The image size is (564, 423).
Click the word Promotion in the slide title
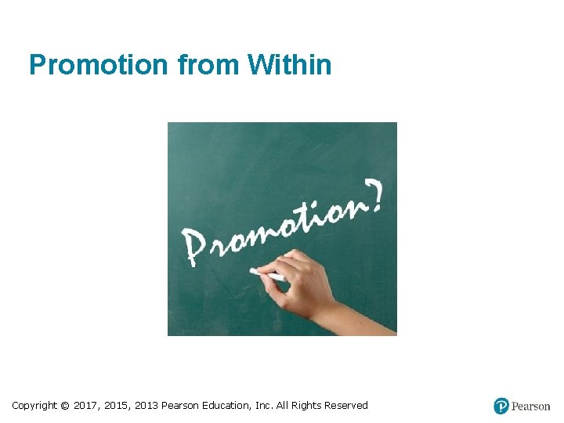(x=98, y=65)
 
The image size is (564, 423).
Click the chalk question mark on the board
(x=375, y=196)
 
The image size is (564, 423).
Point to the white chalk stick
(x=266, y=274)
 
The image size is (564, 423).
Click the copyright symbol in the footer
(x=65, y=406)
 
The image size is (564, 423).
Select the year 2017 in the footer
(x=86, y=406)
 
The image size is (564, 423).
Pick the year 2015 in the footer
(x=117, y=406)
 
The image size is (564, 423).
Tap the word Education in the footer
(x=227, y=406)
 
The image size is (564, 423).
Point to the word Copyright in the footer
(x=34, y=406)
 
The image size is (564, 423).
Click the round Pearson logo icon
(x=501, y=406)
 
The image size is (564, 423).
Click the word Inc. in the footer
(x=265, y=406)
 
